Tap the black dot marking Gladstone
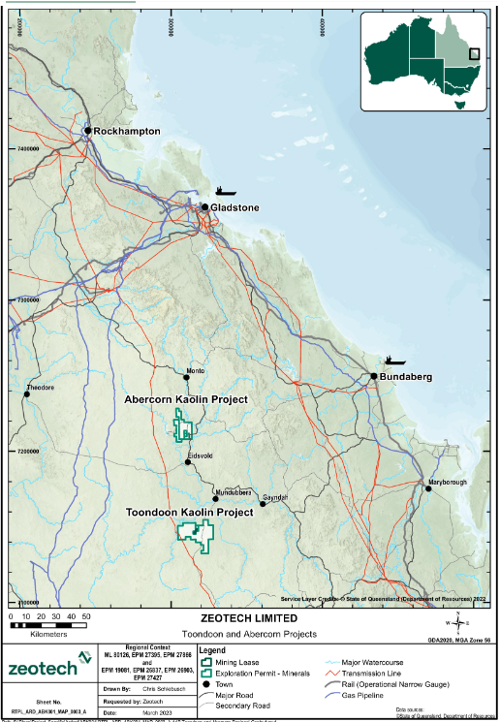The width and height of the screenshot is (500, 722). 204,206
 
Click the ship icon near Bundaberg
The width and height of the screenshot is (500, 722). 393,360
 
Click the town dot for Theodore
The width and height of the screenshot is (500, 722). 26,393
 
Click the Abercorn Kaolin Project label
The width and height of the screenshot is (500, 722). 186,398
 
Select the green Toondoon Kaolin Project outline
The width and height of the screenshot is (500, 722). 195,534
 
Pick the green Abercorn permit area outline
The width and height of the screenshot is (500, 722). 180,425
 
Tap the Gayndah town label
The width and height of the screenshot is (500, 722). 275,496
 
